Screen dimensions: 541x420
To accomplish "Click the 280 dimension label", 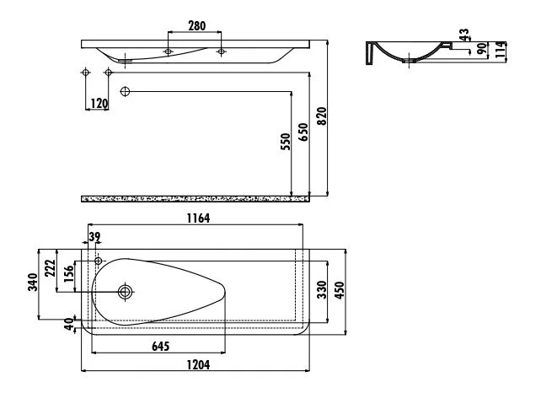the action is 196,26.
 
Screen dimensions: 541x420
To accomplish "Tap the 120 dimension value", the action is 99,103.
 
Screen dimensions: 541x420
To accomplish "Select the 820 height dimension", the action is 322,116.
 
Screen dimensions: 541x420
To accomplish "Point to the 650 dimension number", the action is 303,132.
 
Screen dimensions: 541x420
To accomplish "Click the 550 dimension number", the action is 286,142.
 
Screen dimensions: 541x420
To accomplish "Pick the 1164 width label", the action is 198,218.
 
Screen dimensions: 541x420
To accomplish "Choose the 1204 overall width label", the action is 198,364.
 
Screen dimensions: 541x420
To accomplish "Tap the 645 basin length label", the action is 160,346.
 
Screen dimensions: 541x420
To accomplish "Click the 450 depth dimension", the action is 340,290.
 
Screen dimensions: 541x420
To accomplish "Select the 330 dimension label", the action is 322,289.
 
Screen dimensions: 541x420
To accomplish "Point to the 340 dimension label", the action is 33,282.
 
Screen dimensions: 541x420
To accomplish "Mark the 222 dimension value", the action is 51,268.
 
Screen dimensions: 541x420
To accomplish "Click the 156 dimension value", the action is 68,273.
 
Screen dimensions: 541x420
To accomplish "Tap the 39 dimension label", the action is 94,237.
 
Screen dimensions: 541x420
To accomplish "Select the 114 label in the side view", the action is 501,50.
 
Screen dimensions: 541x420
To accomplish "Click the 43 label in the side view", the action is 464,35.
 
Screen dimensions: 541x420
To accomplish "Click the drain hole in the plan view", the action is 125,292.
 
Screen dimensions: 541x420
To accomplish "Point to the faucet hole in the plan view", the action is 99,261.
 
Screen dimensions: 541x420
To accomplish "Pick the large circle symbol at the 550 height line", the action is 125,92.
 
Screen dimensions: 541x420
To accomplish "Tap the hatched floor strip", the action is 196,198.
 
